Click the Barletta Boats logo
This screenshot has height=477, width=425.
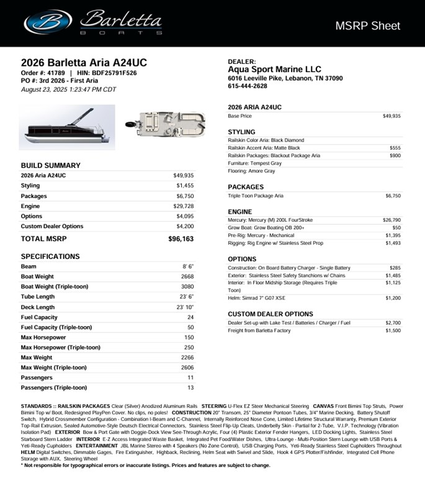[x=93, y=22]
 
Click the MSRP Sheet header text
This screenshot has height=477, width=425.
[x=367, y=25]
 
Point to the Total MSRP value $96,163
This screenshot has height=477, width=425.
[x=181, y=238]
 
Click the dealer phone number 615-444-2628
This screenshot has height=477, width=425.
[x=248, y=86]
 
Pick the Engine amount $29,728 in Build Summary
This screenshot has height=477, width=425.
[x=185, y=206]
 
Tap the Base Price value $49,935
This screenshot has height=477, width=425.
[x=391, y=116]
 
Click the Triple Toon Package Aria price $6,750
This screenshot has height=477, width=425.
[x=393, y=196]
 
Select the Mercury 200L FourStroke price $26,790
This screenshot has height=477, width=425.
[x=391, y=220]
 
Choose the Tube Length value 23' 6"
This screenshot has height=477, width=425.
[x=185, y=297]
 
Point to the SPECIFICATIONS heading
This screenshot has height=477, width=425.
[x=50, y=257]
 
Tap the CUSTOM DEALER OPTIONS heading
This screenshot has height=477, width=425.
[x=270, y=314]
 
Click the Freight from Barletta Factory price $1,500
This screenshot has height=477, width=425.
[x=393, y=330]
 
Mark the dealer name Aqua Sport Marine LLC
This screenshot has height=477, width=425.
[x=274, y=70]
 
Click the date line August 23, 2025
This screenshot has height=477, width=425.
[x=68, y=89]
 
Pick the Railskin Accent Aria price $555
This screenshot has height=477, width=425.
[x=395, y=148]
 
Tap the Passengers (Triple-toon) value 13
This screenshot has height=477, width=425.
[x=190, y=388]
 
